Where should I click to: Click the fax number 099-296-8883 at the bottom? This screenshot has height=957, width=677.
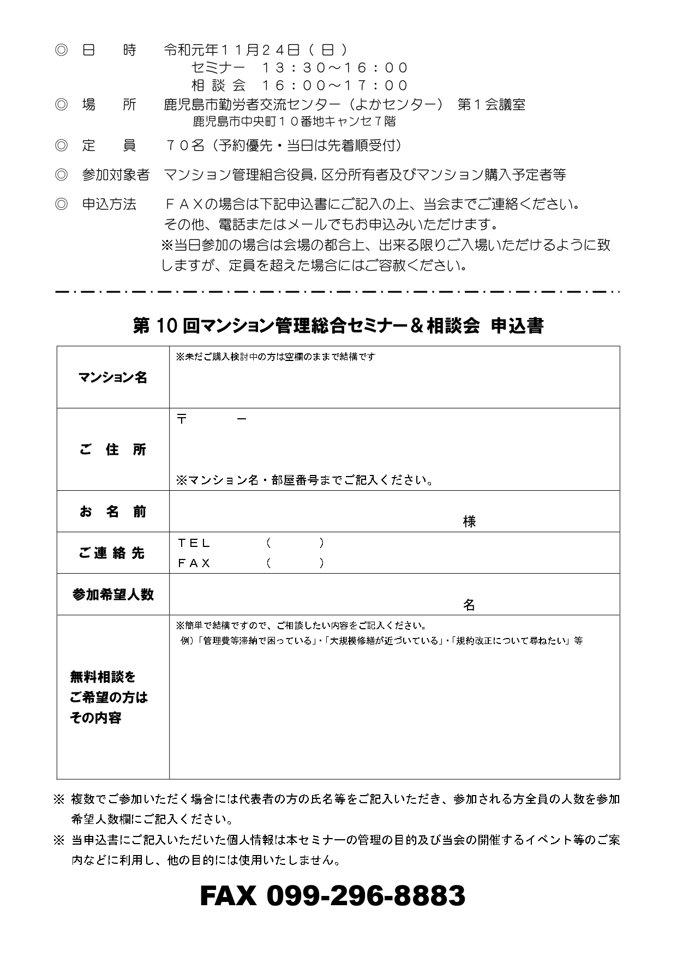(333, 895)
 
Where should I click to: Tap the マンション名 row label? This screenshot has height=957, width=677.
(113, 377)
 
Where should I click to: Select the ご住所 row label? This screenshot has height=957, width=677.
(113, 450)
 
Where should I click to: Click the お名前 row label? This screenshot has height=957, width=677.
(113, 511)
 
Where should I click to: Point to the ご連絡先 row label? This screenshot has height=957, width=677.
(113, 553)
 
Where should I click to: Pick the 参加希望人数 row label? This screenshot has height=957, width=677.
(113, 594)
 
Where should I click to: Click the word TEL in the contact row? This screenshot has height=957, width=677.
(194, 543)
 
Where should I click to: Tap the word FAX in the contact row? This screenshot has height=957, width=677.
(194, 563)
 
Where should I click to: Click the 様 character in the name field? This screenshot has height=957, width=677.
(469, 522)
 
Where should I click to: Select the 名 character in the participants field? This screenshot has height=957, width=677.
(469, 605)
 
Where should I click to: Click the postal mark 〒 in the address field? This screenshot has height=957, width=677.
(182, 419)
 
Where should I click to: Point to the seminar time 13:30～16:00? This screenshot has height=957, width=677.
(335, 68)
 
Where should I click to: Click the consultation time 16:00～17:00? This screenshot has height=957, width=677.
(335, 85)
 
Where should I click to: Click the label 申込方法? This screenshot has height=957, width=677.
(109, 204)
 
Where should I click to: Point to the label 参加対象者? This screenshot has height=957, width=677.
(116, 174)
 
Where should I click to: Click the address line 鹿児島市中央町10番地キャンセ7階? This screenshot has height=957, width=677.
(295, 121)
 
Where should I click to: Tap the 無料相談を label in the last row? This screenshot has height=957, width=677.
(103, 677)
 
